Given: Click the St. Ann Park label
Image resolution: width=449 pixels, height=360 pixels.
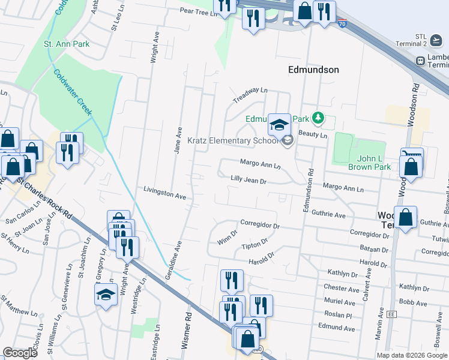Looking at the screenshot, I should [x=66, y=44].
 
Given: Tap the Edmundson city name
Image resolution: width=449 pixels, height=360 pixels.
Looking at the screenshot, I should [x=313, y=70].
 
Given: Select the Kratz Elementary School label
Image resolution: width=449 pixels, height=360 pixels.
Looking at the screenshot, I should [x=234, y=141].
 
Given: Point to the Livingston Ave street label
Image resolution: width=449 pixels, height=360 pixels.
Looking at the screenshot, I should [x=164, y=193].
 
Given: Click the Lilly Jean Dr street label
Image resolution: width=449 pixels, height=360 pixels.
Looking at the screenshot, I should [x=248, y=179].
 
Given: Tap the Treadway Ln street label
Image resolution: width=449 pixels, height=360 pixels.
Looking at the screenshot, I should [x=250, y=94].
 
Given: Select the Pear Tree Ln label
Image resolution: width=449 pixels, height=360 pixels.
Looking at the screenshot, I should [x=197, y=11].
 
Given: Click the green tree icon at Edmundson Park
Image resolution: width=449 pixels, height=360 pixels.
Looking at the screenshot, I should [x=321, y=118].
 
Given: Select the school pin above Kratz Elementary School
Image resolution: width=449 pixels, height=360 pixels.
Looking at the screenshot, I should [x=279, y=125].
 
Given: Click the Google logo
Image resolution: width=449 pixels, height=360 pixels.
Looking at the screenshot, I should [x=20, y=353].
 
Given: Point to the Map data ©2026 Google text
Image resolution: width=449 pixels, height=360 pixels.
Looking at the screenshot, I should [x=411, y=355].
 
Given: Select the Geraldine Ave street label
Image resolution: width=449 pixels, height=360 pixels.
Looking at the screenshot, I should [x=173, y=262].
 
